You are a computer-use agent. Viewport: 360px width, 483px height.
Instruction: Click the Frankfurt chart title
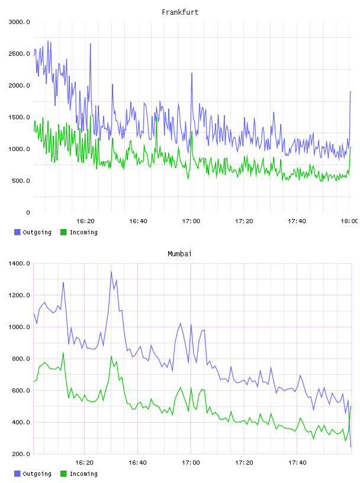[180, 12]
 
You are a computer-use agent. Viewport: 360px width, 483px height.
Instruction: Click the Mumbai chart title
[179, 254]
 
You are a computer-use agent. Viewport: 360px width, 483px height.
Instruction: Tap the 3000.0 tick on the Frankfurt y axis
[20, 22]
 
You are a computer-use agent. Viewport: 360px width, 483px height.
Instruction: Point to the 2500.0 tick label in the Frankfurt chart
[20, 54]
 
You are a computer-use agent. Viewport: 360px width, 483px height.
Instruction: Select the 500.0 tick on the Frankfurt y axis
[21, 181]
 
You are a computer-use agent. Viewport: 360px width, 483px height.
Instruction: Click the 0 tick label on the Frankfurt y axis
[28, 212]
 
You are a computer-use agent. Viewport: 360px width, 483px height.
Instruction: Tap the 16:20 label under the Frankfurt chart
[85, 221]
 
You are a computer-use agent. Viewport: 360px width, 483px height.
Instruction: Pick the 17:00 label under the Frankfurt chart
[191, 221]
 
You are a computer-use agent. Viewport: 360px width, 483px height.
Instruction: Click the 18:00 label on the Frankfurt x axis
[350, 221]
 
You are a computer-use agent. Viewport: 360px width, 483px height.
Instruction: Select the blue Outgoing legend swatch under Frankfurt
[17, 232]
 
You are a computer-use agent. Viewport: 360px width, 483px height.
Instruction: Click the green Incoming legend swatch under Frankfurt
[63, 232]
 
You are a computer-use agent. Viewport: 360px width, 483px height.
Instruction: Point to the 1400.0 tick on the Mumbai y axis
[20, 263]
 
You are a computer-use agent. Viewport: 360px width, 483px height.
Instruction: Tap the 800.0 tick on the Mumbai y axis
[21, 359]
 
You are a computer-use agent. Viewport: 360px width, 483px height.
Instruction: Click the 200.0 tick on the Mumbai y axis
[21, 454]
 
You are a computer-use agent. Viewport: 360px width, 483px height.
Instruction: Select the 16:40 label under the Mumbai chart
[137, 463]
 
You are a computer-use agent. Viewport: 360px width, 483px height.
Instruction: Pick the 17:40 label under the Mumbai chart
[297, 463]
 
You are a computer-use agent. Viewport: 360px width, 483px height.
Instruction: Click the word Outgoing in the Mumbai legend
[37, 474]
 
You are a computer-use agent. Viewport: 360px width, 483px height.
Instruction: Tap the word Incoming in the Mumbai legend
[83, 474]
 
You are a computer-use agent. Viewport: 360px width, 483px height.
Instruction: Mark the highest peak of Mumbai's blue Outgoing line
[111, 271]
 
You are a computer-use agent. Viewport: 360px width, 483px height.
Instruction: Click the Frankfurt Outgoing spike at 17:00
[192, 73]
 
